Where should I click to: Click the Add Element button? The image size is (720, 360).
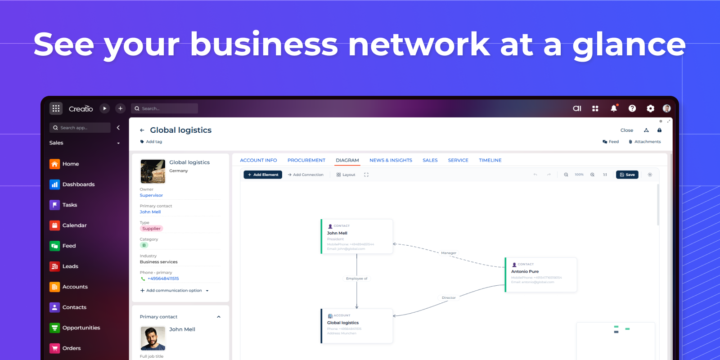click(263, 175)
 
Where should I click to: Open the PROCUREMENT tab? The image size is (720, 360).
click(306, 160)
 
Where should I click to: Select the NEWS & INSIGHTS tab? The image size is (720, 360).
click(391, 160)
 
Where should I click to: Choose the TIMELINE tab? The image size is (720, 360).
click(490, 160)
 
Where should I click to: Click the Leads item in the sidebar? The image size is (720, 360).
click(70, 266)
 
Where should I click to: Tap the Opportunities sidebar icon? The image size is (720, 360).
click(54, 328)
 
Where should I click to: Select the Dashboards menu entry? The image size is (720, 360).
click(78, 184)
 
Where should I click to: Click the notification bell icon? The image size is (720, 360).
click(613, 108)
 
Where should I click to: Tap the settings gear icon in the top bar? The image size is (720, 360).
click(650, 108)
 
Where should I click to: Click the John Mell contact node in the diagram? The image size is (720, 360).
click(357, 237)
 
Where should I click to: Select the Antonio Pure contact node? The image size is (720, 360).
click(541, 275)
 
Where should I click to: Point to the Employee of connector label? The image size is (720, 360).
click(357, 279)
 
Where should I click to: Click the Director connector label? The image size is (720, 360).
click(449, 298)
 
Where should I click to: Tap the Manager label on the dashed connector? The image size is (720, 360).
click(449, 253)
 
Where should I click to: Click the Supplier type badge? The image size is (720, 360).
click(151, 229)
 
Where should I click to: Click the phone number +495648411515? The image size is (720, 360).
click(163, 279)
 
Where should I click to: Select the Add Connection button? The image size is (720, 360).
click(306, 175)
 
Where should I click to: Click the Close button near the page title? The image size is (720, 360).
click(626, 130)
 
